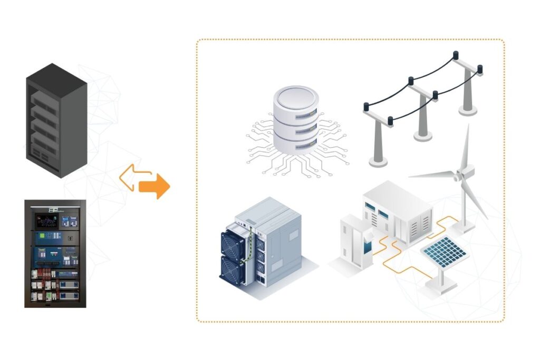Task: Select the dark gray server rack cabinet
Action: click(x=56, y=120)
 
